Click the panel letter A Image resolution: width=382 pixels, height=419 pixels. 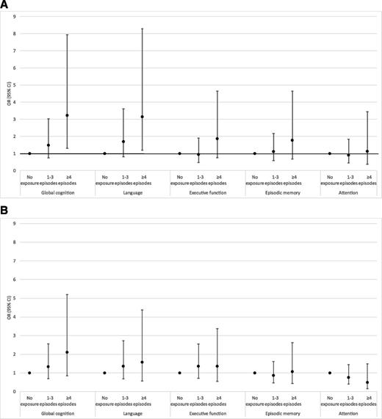click(x=5, y=5)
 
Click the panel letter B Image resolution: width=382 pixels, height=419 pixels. click(x=5, y=214)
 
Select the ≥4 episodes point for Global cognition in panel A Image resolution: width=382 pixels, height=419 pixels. click(x=67, y=115)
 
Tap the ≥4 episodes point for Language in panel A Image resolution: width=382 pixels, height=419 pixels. click(x=142, y=117)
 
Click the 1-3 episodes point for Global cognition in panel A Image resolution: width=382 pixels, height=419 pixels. click(x=48, y=145)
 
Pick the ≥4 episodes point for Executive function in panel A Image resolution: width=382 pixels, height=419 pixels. click(x=217, y=139)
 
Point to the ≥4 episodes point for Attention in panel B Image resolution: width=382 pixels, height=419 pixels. click(x=367, y=382)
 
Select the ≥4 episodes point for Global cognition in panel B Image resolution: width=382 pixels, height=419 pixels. click(x=67, y=352)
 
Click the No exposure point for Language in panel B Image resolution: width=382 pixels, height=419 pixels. click(x=104, y=373)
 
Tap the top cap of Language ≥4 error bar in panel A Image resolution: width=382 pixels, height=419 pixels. click(x=142, y=29)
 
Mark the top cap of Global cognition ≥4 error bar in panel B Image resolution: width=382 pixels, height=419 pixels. click(x=67, y=294)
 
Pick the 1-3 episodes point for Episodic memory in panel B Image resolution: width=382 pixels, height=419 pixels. click(x=273, y=375)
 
